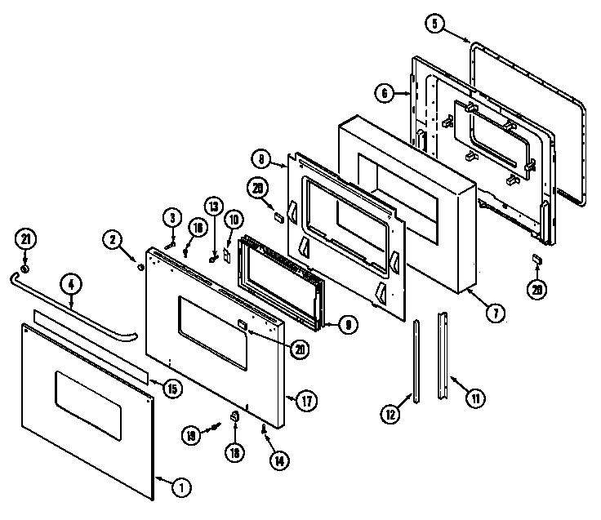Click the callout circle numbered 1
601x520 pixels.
[x=181, y=487]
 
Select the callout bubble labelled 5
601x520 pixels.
[x=436, y=24]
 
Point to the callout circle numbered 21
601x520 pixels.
[x=24, y=240]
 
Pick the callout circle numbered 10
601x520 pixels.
[x=233, y=219]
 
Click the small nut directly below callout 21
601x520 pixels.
[x=24, y=268]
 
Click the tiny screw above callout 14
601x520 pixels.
[x=263, y=426]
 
